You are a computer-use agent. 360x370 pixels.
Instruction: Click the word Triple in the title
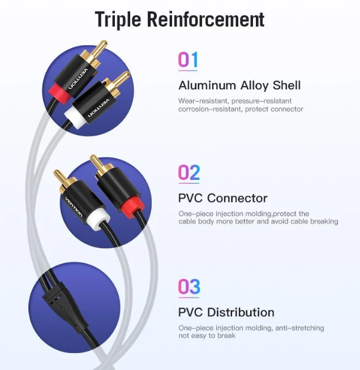tap(118, 20)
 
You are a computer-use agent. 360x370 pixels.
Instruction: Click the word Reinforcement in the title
tap(205, 19)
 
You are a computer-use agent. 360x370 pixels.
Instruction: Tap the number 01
tap(188, 60)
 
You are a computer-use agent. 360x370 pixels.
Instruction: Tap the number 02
tap(189, 172)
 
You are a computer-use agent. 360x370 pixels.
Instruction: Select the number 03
tap(189, 286)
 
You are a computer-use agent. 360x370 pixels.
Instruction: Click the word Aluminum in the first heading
tap(207, 85)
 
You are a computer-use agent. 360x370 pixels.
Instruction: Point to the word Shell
tap(286, 85)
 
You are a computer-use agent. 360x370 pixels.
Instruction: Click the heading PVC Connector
tap(222, 198)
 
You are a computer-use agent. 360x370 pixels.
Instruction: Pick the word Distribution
tap(241, 312)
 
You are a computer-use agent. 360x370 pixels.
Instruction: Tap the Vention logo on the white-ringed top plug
tap(98, 108)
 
